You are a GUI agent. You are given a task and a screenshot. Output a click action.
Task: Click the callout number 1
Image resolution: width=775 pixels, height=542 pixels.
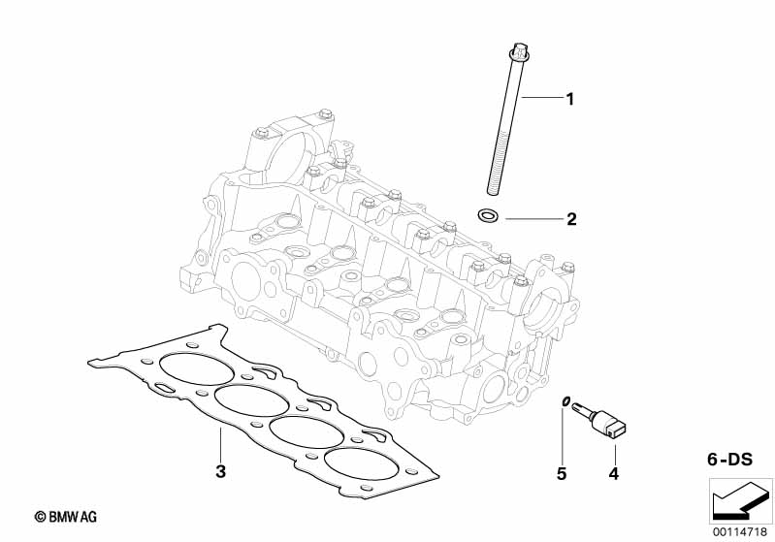[570, 98]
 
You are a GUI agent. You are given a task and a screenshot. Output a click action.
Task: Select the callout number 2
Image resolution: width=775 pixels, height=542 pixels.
[571, 220]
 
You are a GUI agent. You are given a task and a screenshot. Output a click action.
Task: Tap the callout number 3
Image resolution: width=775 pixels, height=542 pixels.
[220, 472]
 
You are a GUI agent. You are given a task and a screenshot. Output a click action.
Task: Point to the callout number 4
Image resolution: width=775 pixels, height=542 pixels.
[612, 474]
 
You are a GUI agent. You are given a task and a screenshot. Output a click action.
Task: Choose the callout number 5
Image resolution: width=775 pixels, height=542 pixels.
[561, 474]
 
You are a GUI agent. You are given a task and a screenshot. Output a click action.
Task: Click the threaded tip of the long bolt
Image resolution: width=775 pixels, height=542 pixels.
[495, 184]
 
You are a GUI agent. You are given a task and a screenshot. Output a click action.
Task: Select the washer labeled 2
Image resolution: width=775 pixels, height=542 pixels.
[490, 214]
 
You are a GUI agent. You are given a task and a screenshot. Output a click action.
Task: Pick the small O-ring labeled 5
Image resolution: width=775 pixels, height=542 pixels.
[564, 401]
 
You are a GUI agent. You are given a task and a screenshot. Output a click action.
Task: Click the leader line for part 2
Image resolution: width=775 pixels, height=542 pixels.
[533, 219]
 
